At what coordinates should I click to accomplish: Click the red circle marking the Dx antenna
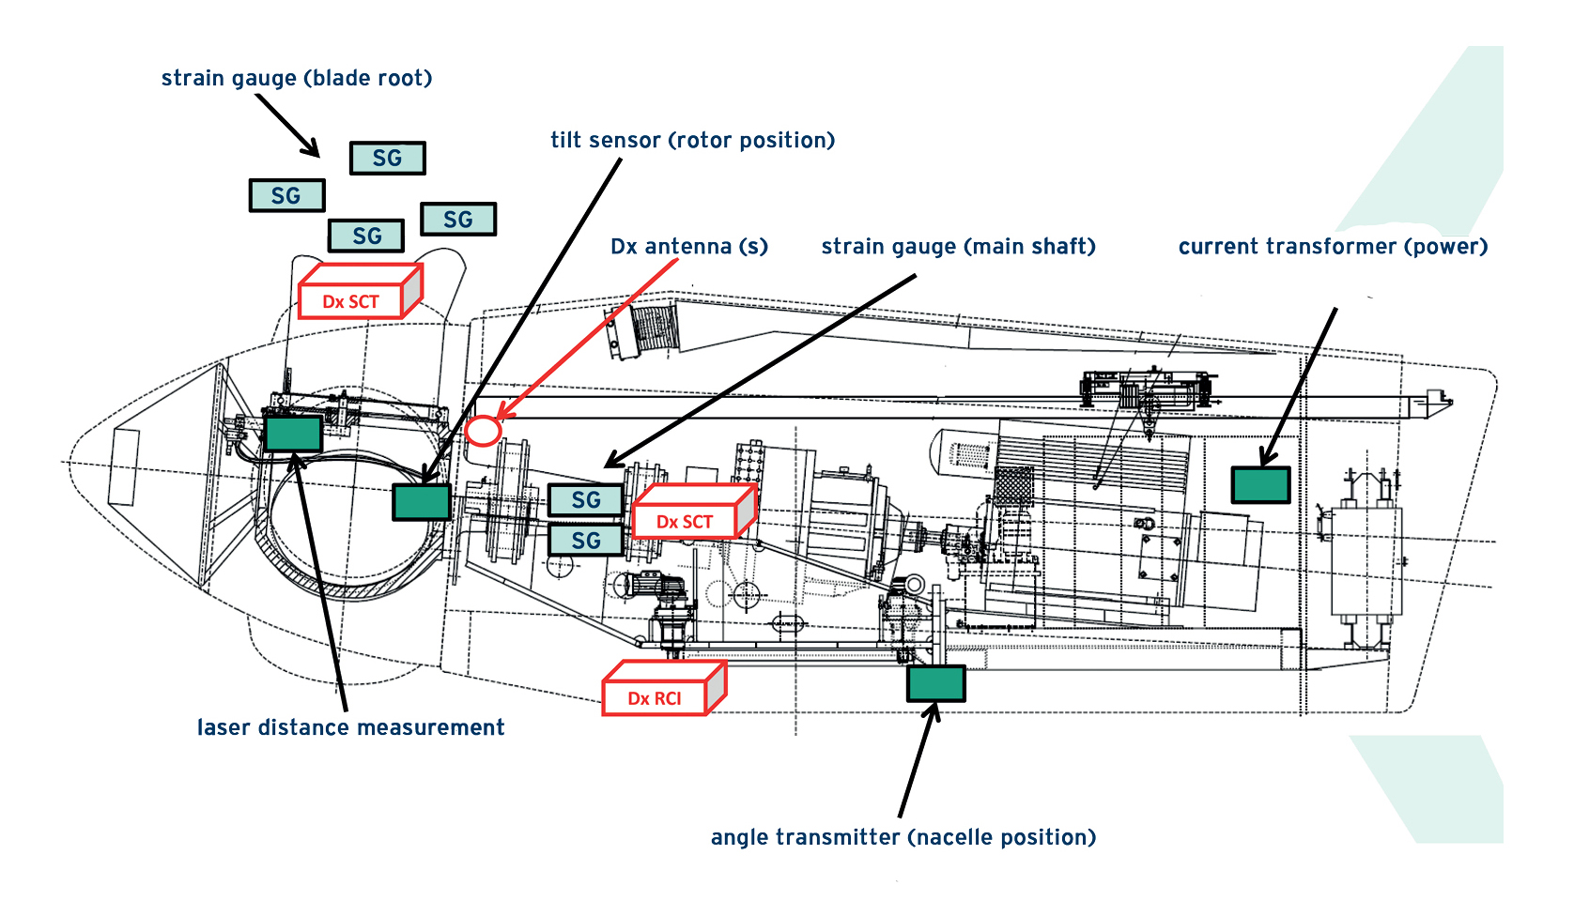point(484,431)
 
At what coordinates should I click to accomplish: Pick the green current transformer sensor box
point(1260,485)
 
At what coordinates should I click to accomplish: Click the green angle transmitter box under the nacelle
point(935,683)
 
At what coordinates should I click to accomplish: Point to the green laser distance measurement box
point(293,434)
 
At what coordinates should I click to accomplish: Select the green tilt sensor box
point(421,502)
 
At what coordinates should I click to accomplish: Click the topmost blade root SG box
point(387,158)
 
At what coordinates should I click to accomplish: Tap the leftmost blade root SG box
point(286,195)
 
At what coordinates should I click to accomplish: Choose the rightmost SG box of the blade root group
point(457,219)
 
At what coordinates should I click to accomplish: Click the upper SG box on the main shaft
point(585,500)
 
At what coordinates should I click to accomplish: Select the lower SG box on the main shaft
point(585,540)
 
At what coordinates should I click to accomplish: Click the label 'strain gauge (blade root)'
point(297,78)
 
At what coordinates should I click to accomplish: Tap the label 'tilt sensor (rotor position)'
point(692,140)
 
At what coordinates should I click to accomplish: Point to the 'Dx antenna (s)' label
point(688,246)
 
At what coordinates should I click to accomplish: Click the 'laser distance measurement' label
point(350,727)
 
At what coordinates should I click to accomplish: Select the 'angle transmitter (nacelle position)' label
point(903,837)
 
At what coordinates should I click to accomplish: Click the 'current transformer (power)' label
point(1333,246)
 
